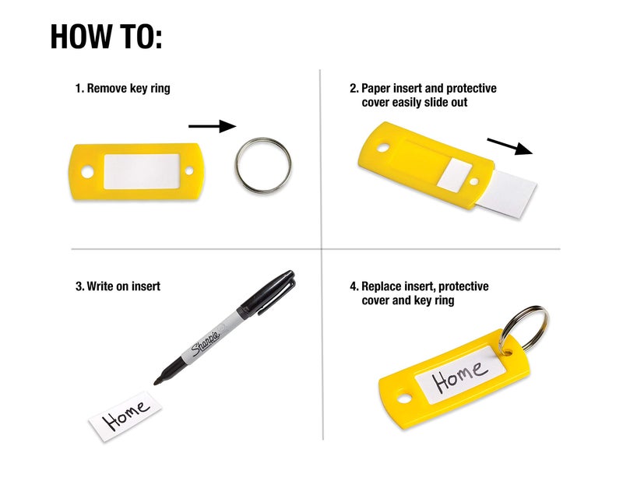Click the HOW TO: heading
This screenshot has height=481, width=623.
[x=107, y=37]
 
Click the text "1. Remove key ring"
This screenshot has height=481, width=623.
[x=122, y=89]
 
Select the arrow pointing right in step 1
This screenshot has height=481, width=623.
[x=211, y=126]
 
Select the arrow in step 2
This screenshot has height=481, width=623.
[x=509, y=146]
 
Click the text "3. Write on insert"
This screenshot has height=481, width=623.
[x=118, y=286]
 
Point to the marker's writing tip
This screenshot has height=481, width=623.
[x=157, y=381]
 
